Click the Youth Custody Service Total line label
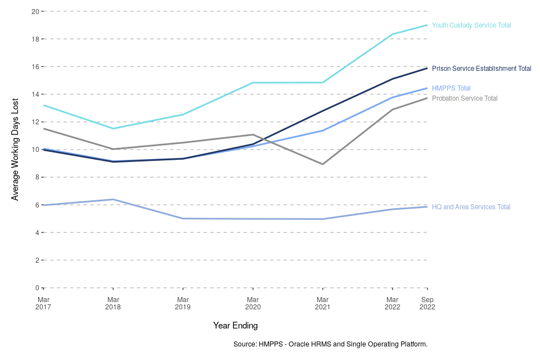click(471, 25)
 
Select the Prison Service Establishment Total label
click(481, 69)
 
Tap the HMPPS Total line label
click(451, 88)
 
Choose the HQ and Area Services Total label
click(471, 207)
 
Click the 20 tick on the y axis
click(35, 11)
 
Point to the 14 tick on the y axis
click(35, 94)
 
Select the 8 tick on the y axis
click(37, 177)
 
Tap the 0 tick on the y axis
click(37, 288)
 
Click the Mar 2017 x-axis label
click(43, 303)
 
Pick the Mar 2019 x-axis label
click(183, 303)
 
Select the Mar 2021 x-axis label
click(322, 303)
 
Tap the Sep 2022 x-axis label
click(427, 303)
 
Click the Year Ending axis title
click(235, 325)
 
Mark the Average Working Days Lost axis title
click(15, 150)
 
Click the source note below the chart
click(330, 344)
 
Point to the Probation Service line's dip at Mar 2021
click(322, 164)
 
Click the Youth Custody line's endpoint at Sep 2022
click(427, 25)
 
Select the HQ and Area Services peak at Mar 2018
click(113, 199)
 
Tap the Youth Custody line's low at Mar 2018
click(113, 129)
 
